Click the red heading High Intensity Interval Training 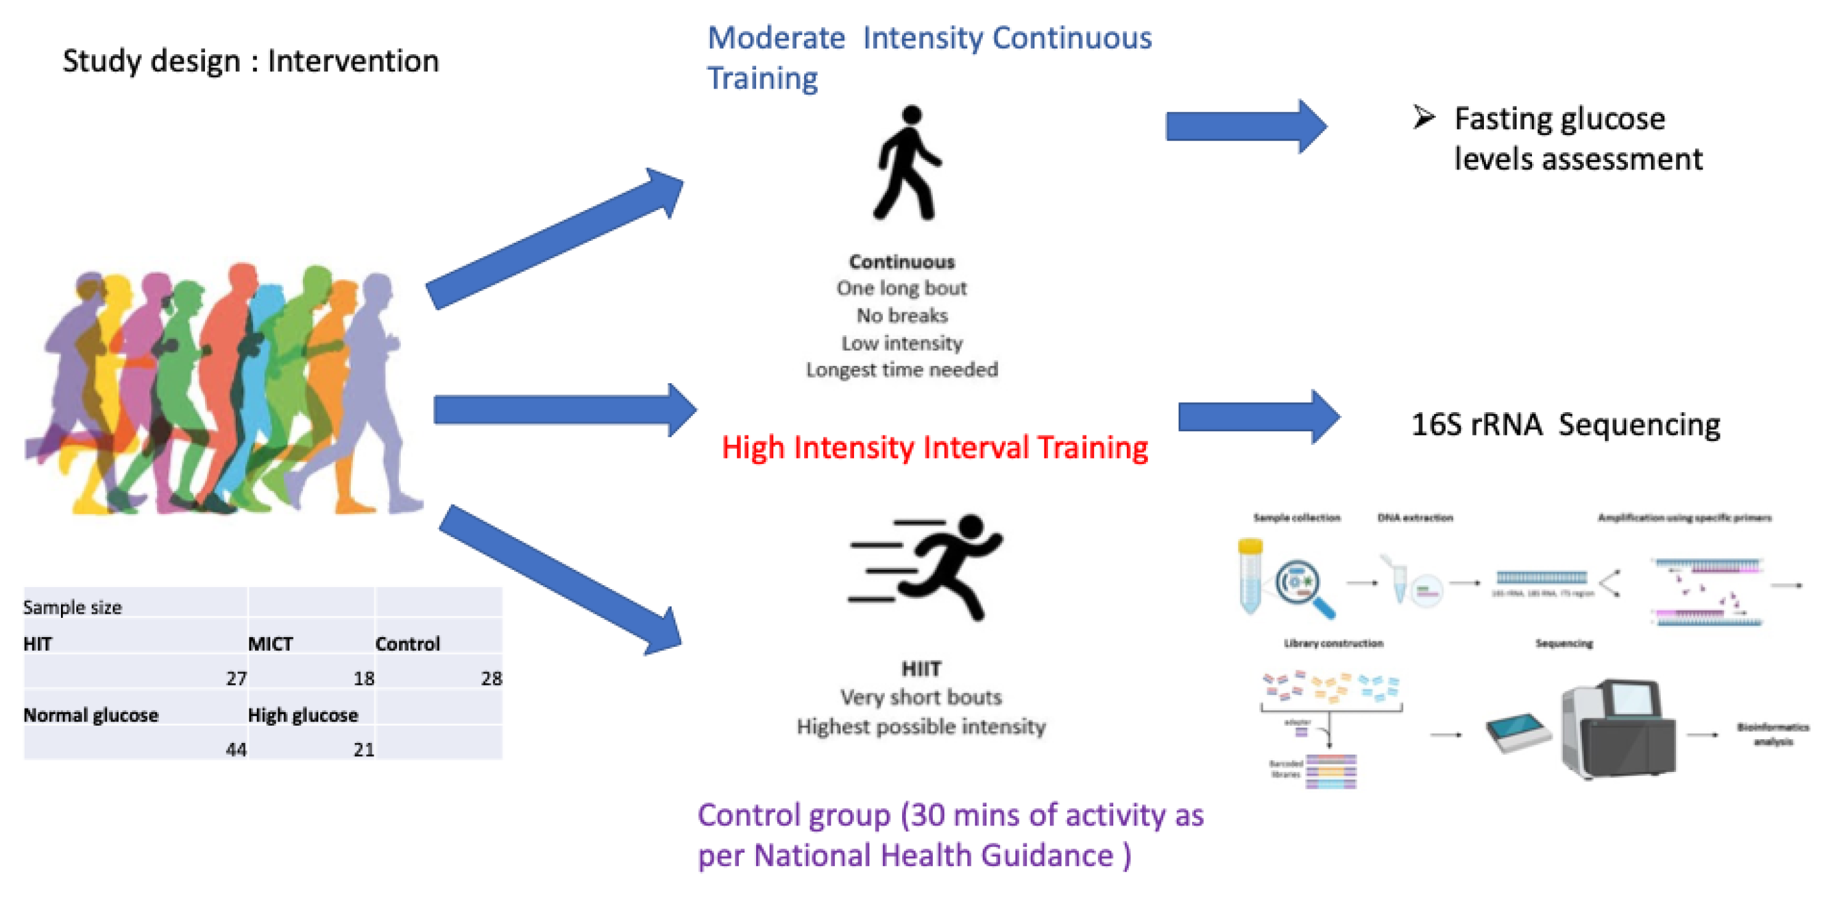click(x=934, y=448)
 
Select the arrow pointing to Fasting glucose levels click(x=1245, y=127)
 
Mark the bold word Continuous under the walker click(x=901, y=262)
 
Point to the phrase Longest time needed click(x=901, y=370)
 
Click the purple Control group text click(x=949, y=835)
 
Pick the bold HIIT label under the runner click(x=921, y=668)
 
